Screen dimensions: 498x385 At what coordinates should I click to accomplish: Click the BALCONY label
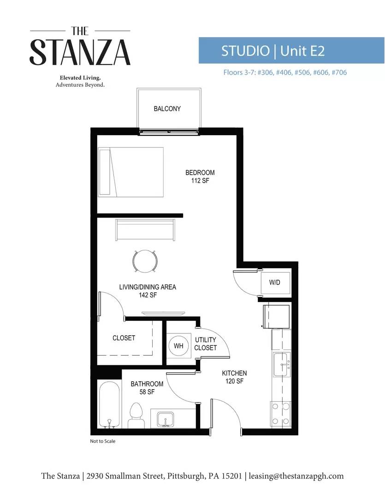[x=167, y=109]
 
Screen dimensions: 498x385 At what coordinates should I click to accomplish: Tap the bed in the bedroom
[x=130, y=172]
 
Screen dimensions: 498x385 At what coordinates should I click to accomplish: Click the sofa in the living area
[x=145, y=229]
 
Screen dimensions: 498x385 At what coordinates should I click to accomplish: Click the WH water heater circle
[x=178, y=346]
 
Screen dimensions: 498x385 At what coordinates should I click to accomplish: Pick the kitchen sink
[x=281, y=365]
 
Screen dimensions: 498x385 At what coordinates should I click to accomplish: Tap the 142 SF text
[x=147, y=295]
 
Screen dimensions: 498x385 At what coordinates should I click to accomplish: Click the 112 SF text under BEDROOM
[x=200, y=181]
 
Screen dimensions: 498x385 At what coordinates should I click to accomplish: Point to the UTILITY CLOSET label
[x=205, y=344]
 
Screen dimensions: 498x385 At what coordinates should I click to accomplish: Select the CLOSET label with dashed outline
[x=124, y=338]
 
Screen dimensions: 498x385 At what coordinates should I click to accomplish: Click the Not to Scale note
[x=102, y=441]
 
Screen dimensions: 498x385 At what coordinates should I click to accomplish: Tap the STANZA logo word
[x=80, y=52]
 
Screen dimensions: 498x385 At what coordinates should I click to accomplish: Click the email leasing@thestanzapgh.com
[x=296, y=476]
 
